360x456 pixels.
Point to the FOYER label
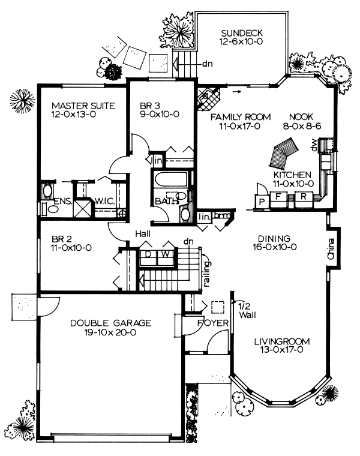point(213,323)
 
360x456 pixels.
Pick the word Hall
point(143,233)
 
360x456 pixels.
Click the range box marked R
point(304,196)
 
